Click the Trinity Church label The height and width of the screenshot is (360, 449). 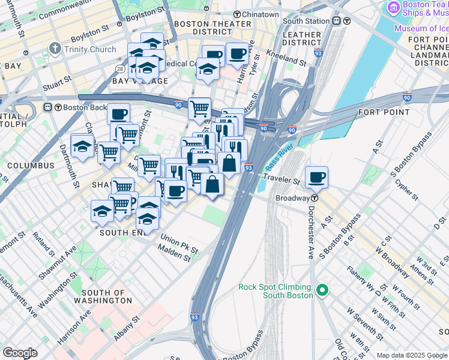(x=90, y=49)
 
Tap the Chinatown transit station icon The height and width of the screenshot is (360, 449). (x=238, y=14)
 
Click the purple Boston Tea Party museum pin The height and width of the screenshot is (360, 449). (x=394, y=7)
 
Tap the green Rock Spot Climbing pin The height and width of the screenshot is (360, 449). (x=322, y=290)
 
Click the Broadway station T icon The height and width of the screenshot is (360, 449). (x=315, y=197)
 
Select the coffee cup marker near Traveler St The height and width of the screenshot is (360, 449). (x=316, y=177)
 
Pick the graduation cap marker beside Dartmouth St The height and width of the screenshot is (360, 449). (x=82, y=147)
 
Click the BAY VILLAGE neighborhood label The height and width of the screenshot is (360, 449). (x=140, y=80)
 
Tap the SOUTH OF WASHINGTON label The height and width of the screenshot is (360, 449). (x=103, y=296)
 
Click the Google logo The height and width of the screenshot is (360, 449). (x=20, y=353)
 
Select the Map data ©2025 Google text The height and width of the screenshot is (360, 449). (x=412, y=355)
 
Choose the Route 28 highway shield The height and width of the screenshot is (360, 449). (x=121, y=70)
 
